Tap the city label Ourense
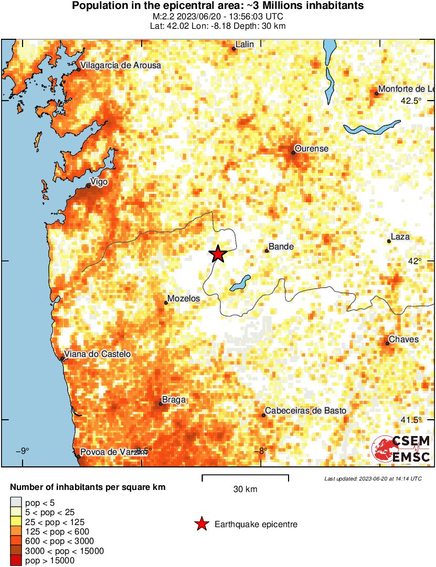click(x=311, y=149)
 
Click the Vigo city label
click(x=99, y=182)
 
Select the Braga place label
click(x=174, y=400)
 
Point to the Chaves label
click(x=404, y=340)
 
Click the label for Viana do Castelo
click(x=98, y=355)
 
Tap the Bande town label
click(x=281, y=247)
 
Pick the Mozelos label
click(x=183, y=299)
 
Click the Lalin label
click(x=244, y=45)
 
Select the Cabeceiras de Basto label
click(x=305, y=411)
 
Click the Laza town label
click(x=400, y=237)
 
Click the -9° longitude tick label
click(x=22, y=451)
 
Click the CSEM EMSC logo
click(x=401, y=449)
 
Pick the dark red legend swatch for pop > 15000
click(x=16, y=560)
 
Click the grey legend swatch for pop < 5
click(x=16, y=503)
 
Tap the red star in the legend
click(x=201, y=524)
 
